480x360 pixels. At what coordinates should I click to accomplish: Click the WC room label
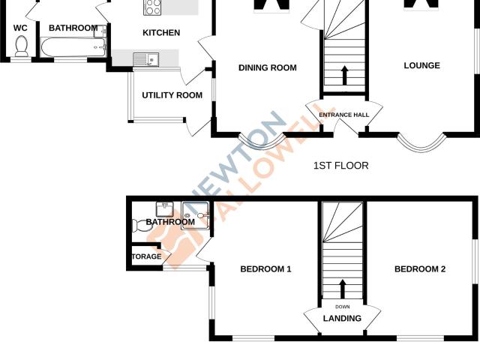point(20,28)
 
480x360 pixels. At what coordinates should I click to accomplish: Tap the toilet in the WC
point(22,46)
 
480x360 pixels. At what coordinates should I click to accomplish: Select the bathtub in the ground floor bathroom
point(73,47)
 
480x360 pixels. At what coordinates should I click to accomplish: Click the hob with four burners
point(152,7)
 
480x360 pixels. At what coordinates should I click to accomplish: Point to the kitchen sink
point(146,59)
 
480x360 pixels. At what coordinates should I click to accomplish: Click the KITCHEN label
point(161,33)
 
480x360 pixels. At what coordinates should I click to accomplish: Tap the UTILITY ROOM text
point(172,95)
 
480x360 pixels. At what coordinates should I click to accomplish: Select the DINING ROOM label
point(268,67)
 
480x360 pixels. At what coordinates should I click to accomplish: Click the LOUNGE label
point(421,65)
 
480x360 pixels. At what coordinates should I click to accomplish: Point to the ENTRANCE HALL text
point(344,115)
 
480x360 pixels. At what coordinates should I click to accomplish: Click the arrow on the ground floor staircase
point(345,75)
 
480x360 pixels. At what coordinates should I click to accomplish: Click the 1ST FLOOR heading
point(340,166)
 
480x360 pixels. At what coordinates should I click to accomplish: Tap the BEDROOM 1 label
point(265,269)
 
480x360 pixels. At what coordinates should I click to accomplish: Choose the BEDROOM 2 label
point(420,269)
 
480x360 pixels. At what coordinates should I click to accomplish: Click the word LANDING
point(342,318)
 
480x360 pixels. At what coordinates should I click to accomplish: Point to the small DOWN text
point(343,307)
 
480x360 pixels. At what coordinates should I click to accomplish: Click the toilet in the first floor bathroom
point(139,226)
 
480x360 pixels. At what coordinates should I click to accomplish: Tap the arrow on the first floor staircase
point(343,289)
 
